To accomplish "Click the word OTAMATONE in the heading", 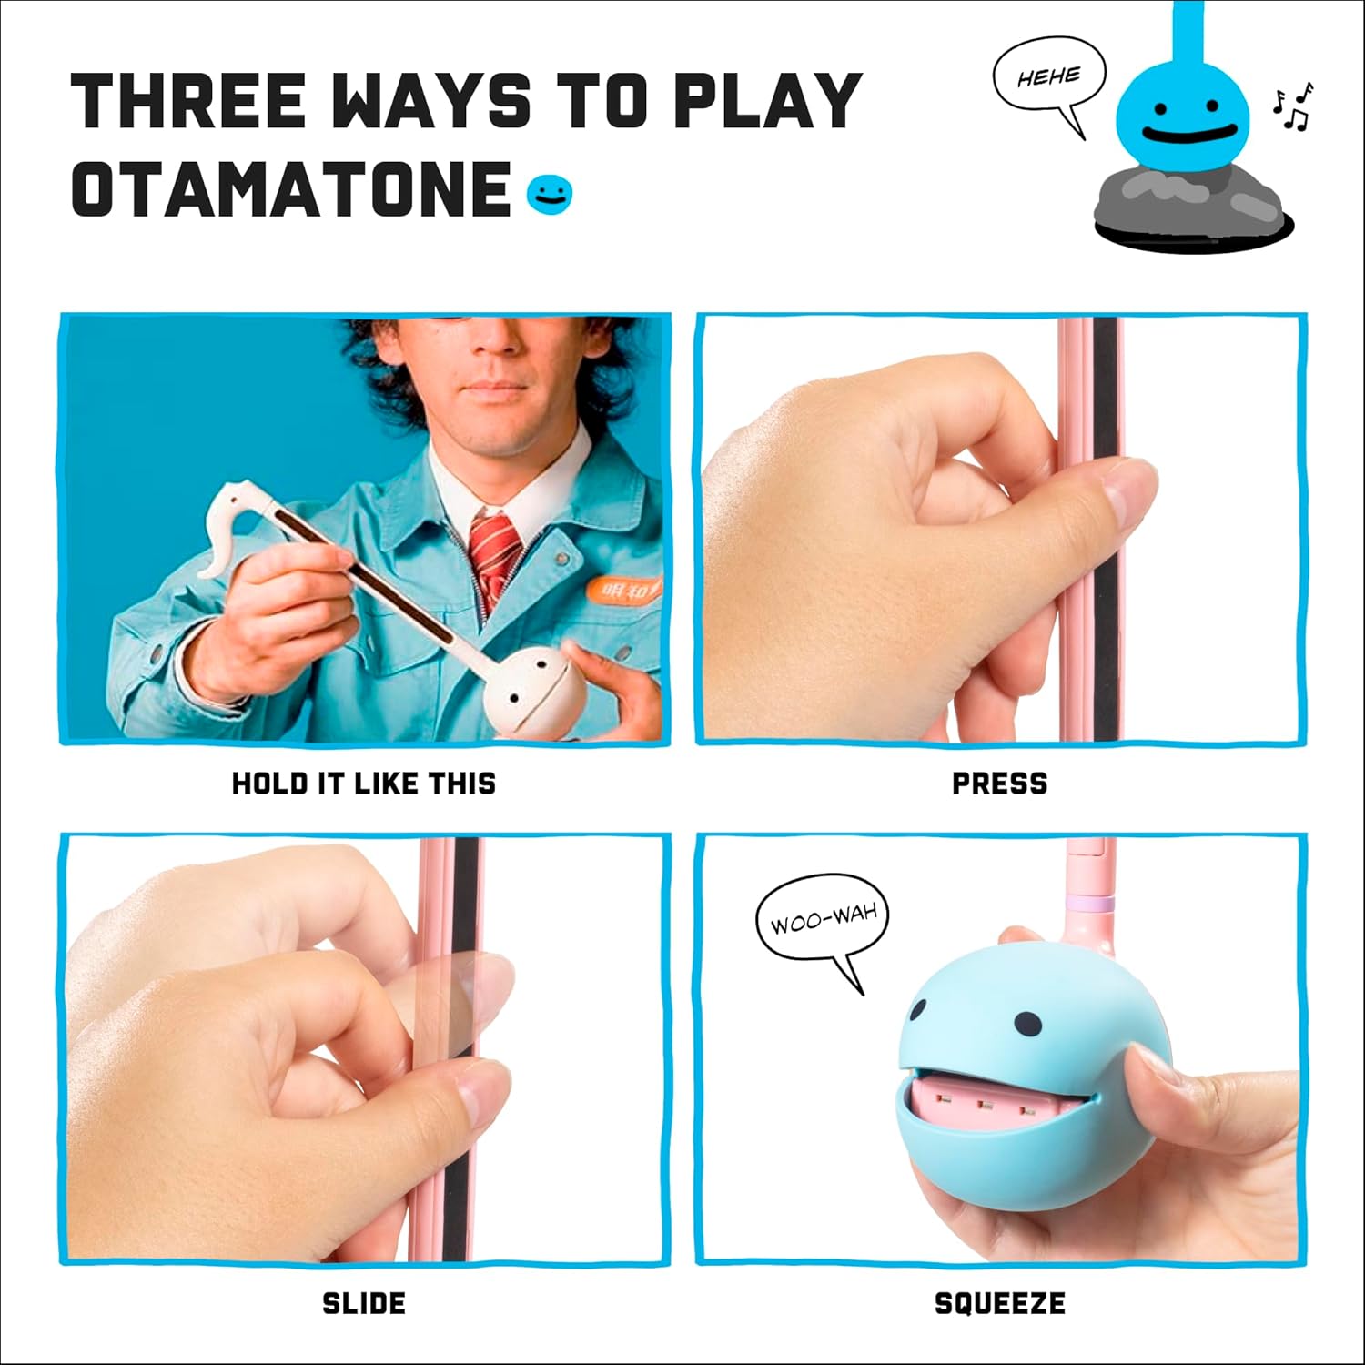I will click(290, 190).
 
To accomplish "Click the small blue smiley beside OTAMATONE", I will click(550, 194).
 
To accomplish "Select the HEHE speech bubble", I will click(1049, 79).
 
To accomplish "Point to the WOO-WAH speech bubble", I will click(823, 923).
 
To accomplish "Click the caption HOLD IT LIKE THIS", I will click(364, 784).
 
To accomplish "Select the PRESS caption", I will click(999, 784).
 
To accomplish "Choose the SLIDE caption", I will click(364, 1303).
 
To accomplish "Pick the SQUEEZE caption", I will click(999, 1303).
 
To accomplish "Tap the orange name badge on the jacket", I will click(622, 591).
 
